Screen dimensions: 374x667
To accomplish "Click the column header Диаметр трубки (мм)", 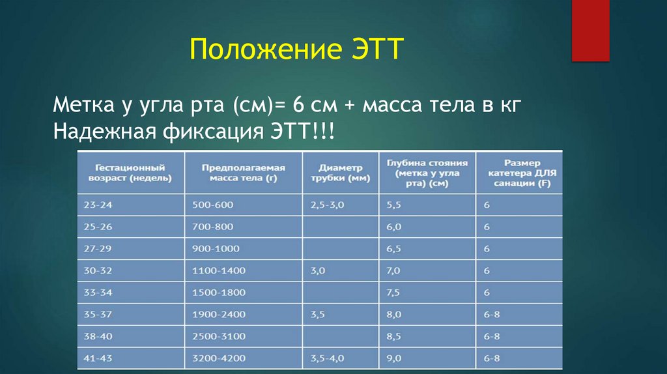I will [340, 172].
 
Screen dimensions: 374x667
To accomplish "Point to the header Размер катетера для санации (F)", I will [520, 172].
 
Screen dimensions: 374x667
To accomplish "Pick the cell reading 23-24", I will [98, 205].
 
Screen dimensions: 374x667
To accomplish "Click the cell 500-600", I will [212, 205].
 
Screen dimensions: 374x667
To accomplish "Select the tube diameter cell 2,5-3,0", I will [327, 205].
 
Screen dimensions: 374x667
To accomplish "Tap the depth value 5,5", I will [393, 205].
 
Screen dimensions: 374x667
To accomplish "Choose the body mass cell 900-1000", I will [216, 248].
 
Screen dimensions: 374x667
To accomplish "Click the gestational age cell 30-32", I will [98, 270].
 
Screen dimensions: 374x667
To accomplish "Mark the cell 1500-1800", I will [219, 292].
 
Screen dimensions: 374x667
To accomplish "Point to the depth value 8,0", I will [393, 314].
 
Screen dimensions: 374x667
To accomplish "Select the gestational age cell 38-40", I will [98, 336].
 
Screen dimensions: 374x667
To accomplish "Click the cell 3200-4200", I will [219, 358].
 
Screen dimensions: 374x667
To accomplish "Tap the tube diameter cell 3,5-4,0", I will [327, 358].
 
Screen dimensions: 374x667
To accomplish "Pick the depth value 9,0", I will [393, 358].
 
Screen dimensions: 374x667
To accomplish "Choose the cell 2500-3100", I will [219, 336].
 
